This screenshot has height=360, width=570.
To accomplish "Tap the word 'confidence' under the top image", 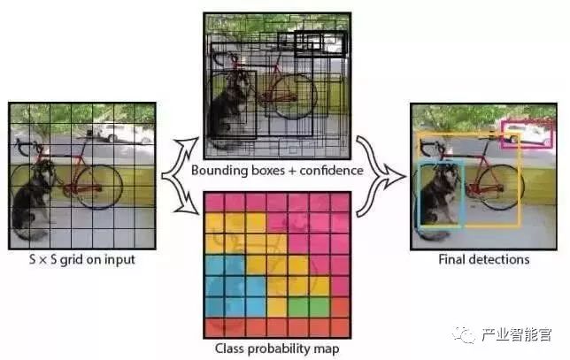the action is [x=333, y=169].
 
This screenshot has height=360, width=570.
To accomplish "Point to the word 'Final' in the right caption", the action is [x=452, y=259].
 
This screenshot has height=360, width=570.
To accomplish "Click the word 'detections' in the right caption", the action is [x=499, y=259].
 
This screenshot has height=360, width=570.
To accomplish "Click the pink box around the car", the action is [x=527, y=134].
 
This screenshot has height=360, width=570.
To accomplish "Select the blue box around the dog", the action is [x=441, y=194].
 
